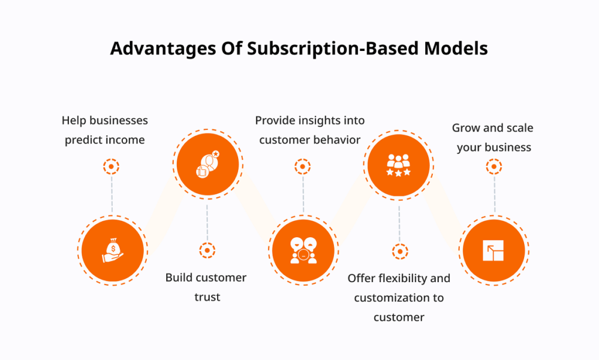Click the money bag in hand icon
click(x=113, y=251)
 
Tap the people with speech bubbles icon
click(x=304, y=251)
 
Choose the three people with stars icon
click(x=398, y=165)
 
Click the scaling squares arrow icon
click(x=493, y=251)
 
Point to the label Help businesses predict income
click(x=105, y=131)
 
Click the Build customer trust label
click(x=206, y=287)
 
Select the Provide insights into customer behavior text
click(x=310, y=131)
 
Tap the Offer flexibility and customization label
click(x=399, y=297)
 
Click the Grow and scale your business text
click(x=493, y=138)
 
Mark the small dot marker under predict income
click(x=111, y=167)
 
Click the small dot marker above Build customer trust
click(x=207, y=251)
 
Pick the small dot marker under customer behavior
click(x=302, y=167)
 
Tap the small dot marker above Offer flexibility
click(x=400, y=252)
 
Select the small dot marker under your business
click(x=494, y=167)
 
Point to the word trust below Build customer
click(x=208, y=297)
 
